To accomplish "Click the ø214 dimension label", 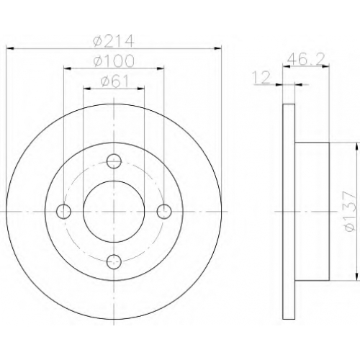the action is (x=114, y=41).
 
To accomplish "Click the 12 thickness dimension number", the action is (x=261, y=77).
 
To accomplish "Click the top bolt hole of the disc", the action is (x=114, y=161).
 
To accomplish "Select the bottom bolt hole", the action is (x=114, y=262).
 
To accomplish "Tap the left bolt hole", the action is (x=63, y=212).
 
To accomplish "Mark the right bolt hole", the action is (x=164, y=212).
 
